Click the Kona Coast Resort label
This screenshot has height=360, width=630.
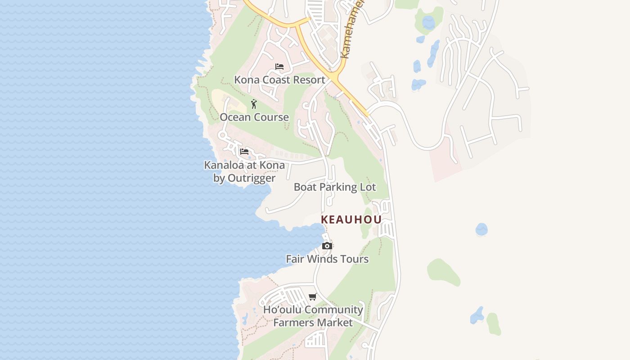pos(279,80)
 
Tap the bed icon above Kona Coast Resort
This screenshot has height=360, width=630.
pos(279,67)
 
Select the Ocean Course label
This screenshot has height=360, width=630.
pos(254,117)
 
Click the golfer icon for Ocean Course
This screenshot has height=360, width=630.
pos(254,104)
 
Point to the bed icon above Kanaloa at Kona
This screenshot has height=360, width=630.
pos(244,152)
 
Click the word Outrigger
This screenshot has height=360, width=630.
pos(252,178)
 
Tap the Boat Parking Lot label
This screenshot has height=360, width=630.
pos(335,187)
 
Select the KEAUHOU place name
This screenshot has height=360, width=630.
pos(351,220)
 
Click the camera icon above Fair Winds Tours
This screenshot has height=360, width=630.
pos(327,246)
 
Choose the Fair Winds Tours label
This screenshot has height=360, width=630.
pos(327,259)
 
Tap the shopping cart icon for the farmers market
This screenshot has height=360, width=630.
pos(313,297)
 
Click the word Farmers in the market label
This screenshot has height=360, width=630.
pos(294,323)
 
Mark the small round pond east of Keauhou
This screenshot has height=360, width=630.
pos(481,229)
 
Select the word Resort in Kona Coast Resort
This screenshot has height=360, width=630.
pos(308,80)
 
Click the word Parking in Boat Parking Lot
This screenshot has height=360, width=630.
pos(335,187)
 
